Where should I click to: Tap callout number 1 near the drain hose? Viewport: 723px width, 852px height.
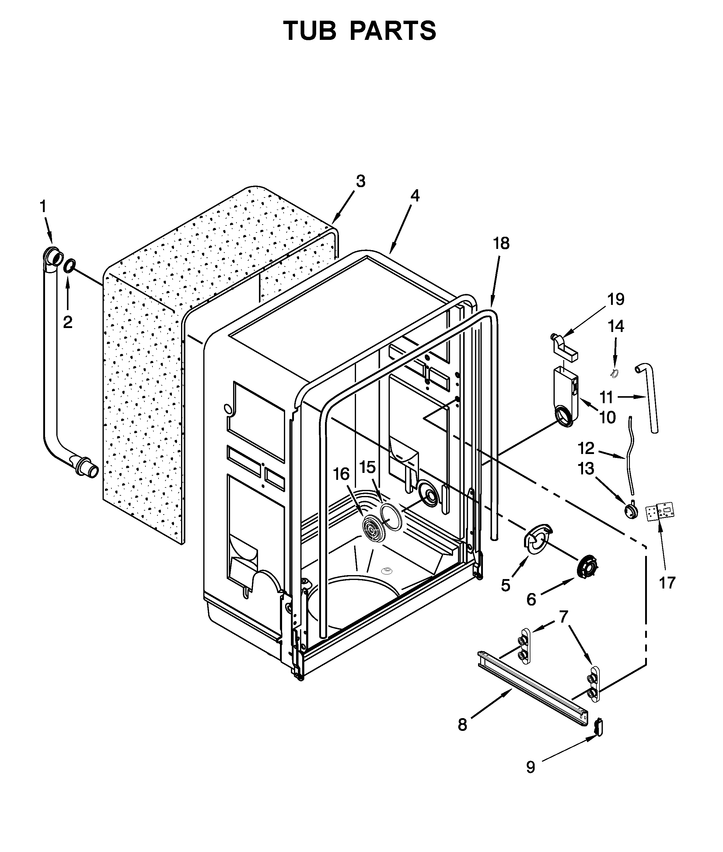click(43, 207)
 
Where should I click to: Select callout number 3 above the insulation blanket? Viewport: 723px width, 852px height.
click(360, 181)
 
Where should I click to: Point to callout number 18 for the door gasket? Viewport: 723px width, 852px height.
click(501, 243)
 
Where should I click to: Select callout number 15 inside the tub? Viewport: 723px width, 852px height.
click(367, 467)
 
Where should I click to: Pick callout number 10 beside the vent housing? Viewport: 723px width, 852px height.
click(607, 417)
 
